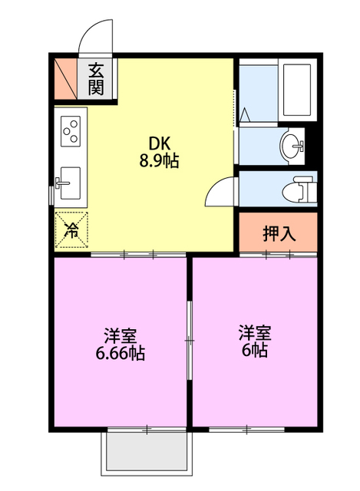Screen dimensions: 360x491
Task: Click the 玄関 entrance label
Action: [95, 79]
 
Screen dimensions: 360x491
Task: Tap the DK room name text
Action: [160, 144]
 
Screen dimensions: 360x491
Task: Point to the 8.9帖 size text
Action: [159, 161]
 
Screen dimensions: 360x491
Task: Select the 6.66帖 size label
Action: [121, 354]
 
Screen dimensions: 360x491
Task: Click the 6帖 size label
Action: [254, 351]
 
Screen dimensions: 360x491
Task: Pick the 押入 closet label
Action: [279, 233]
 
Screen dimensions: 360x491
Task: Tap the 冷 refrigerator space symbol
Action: [71, 230]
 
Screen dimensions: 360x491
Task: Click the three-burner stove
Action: [71, 131]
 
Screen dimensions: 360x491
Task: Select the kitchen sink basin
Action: [70, 183]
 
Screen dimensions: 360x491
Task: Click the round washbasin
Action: [292, 146]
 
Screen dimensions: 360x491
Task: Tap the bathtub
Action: [297, 91]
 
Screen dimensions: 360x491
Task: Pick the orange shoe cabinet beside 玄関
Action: [65, 79]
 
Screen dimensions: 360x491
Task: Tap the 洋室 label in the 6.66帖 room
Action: [121, 336]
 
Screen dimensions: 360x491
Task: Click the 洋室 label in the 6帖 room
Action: [255, 333]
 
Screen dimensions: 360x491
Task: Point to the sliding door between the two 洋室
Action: [190, 341]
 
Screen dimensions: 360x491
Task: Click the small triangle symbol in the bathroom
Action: [245, 114]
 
